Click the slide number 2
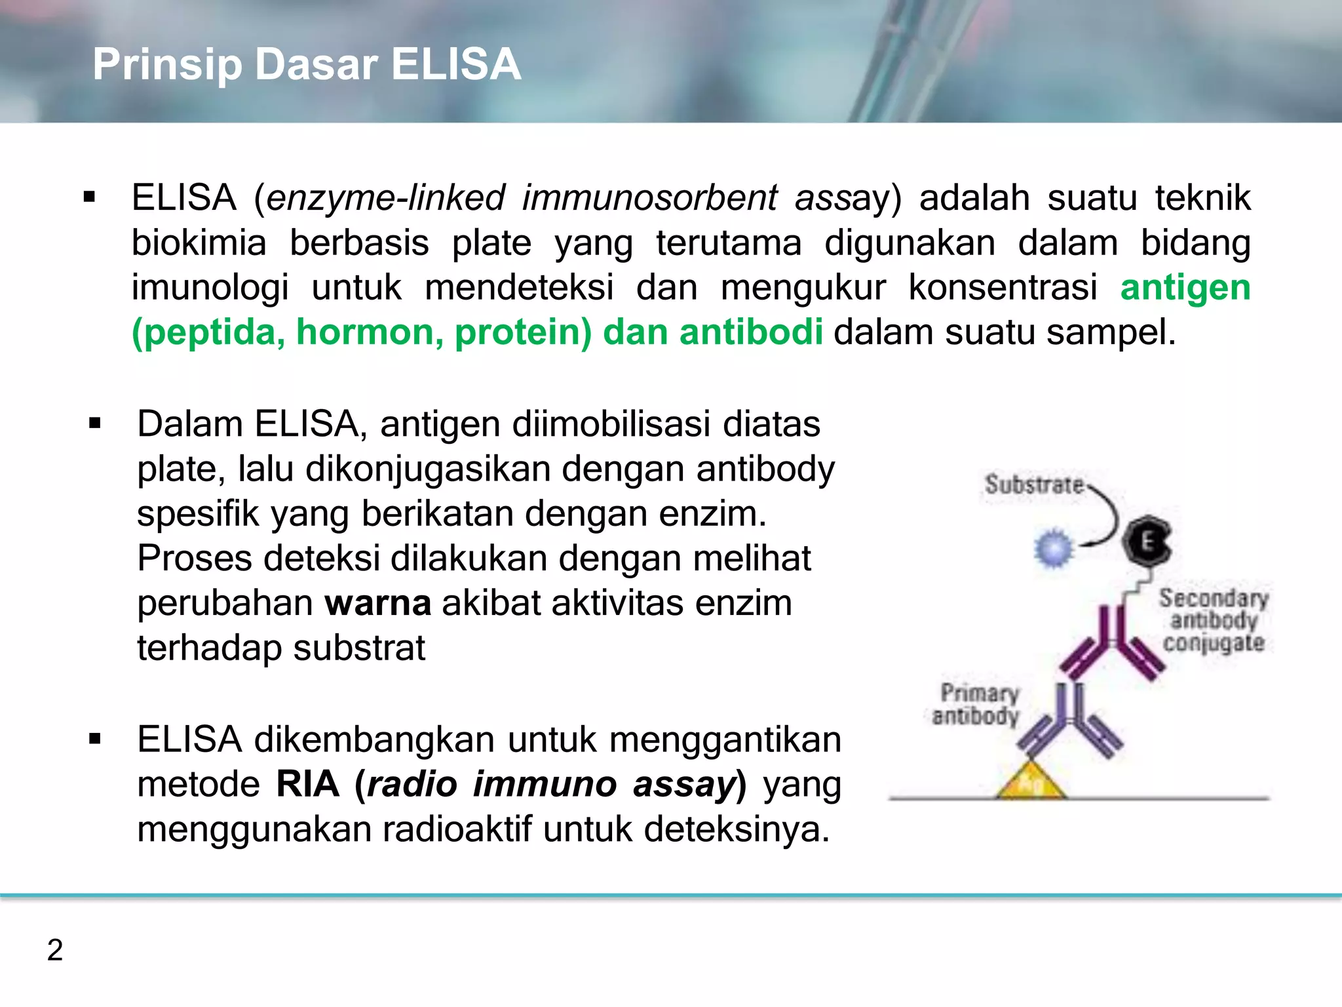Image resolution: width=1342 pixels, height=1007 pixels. tap(55, 950)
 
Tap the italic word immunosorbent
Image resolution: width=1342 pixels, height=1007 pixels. tap(649, 198)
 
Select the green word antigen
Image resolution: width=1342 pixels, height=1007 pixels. tap(1185, 288)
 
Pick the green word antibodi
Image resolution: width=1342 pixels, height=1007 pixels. tap(751, 332)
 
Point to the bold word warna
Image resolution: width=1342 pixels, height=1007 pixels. tap(377, 603)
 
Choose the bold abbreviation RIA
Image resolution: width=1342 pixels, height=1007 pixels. tap(307, 784)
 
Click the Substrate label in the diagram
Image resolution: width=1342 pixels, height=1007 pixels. tap(1033, 485)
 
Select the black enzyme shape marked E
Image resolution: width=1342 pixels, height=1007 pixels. tap(1147, 542)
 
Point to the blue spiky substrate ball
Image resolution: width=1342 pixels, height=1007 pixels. tap(1054, 547)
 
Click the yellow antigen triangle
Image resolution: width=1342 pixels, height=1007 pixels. tap(1031, 782)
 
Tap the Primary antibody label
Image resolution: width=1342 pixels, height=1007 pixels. tap(976, 704)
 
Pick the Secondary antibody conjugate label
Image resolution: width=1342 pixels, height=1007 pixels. tap(1214, 620)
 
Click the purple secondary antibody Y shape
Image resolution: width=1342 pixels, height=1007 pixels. tap(1112, 646)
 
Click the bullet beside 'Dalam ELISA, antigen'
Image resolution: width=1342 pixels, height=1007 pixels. tap(95, 424)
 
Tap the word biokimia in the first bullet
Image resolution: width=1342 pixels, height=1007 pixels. tap(199, 243)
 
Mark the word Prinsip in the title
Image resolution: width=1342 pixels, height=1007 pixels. tap(167, 64)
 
